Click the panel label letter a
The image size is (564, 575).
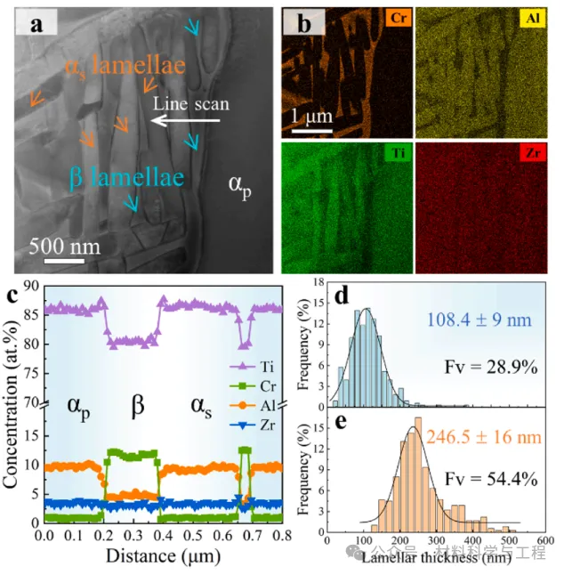(x=36, y=24)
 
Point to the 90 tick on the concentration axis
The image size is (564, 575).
(x=30, y=286)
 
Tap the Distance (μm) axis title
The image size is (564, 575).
(x=162, y=557)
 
